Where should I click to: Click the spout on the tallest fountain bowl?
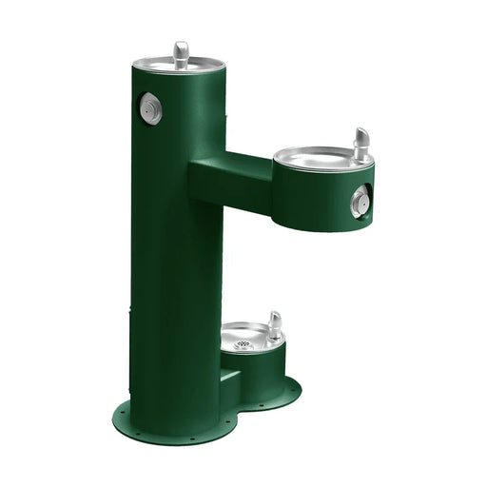point(181,51)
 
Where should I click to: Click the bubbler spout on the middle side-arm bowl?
point(361,143)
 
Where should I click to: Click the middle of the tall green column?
point(176,238)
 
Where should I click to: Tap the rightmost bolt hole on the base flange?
point(296,387)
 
